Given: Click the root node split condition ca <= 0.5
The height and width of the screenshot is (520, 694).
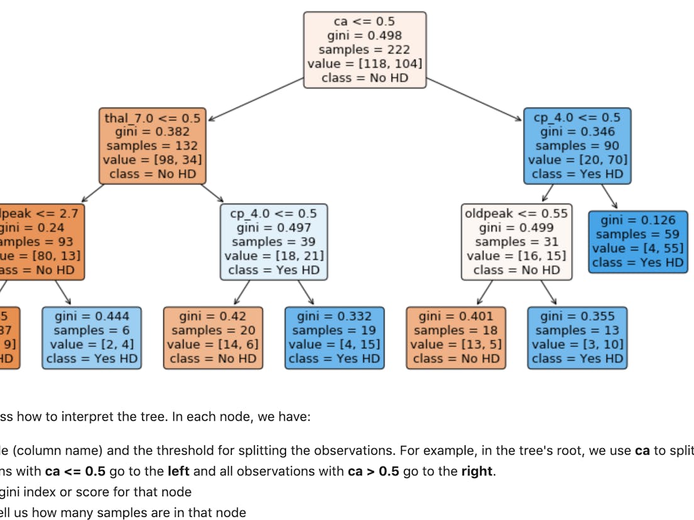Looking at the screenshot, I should pos(365,22).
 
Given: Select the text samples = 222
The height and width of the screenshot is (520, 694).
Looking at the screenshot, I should pos(365,50).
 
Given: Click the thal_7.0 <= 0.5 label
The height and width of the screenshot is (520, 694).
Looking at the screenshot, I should pos(152,118).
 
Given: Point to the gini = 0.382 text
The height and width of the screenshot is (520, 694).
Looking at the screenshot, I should pos(152,132).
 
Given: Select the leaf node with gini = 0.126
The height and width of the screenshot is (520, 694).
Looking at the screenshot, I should pos(638,241).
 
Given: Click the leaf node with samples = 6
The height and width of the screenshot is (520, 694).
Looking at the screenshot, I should pos(92,337).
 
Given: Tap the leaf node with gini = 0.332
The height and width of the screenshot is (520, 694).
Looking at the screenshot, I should pos(334,337).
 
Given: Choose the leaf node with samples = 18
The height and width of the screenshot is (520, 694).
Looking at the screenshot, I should pos(456,337).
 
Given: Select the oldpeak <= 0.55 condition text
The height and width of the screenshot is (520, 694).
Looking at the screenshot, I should pos(516,214).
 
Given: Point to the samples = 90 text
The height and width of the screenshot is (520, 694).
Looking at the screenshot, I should pos(578,146).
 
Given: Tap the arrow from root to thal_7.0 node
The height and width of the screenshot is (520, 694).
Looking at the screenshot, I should pos(256,99).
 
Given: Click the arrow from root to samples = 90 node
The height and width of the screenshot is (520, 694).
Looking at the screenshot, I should pos(475,99).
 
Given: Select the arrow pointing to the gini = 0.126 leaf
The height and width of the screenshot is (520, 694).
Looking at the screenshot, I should pos(609,197).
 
